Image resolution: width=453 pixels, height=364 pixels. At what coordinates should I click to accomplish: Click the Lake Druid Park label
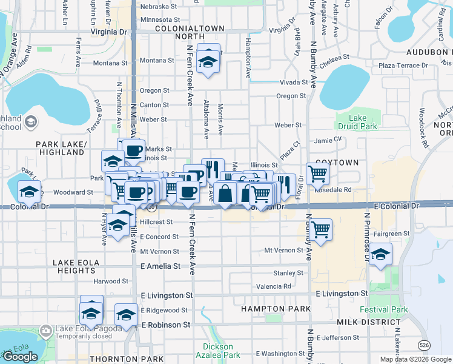coord(363,122)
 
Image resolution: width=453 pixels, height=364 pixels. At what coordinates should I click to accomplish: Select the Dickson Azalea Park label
coord(217,351)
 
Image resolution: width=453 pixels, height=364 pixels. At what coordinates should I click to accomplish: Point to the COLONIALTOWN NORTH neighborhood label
coord(190,32)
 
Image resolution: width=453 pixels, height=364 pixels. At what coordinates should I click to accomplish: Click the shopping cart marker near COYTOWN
coord(317,173)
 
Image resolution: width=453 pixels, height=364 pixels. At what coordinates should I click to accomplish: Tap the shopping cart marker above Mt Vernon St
coord(320,229)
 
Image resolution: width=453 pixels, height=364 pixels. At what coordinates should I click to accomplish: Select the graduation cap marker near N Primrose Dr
coord(380,254)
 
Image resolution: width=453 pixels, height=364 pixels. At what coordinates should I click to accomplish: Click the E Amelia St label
coord(160,266)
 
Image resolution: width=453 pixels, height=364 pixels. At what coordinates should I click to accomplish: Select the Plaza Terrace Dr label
coord(403,65)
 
